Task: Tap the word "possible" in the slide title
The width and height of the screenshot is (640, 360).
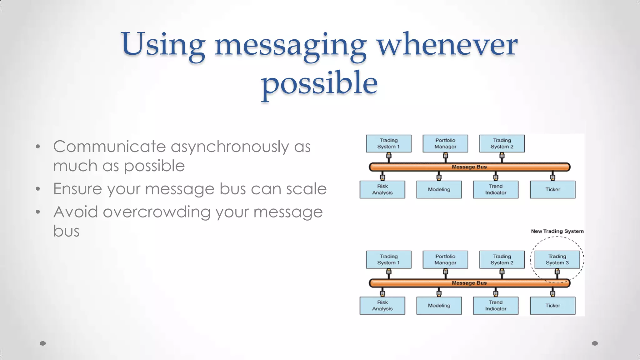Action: pos(319,83)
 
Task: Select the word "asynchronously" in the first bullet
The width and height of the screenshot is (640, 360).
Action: pos(230,147)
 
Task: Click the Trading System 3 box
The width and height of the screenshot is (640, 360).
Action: pos(557,259)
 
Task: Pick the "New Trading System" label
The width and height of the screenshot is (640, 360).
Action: pos(557,231)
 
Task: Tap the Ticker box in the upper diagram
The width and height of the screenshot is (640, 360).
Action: pos(552,189)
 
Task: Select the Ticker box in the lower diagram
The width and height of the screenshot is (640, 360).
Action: pos(552,306)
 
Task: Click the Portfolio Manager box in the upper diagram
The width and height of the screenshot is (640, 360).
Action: pos(445,143)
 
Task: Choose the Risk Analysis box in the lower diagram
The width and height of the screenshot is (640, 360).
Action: pos(382,306)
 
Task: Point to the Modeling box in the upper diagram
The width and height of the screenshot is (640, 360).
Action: pos(439,189)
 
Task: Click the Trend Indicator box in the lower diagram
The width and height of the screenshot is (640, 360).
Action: pos(496,306)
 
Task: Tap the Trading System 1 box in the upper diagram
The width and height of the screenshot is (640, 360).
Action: pos(388,143)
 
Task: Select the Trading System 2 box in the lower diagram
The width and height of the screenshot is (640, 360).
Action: pos(502,259)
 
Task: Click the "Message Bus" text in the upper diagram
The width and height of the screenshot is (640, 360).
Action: pos(469,167)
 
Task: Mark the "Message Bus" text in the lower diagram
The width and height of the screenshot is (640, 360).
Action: pos(469,283)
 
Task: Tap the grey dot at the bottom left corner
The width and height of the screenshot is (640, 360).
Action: pos(43,343)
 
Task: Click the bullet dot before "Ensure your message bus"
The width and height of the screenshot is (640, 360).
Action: pos(38,189)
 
